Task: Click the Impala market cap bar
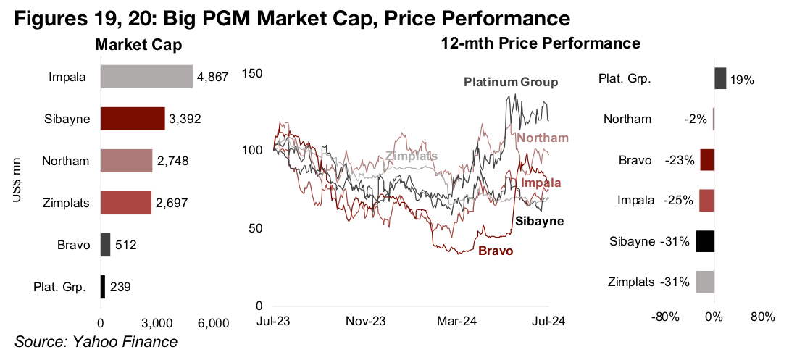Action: pyautogui.click(x=146, y=77)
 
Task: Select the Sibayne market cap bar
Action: pyautogui.click(x=133, y=119)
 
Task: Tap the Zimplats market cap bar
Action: pyautogui.click(x=126, y=203)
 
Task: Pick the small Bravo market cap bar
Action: pyautogui.click(x=106, y=245)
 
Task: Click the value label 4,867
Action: pyautogui.click(x=212, y=78)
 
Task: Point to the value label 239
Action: pyautogui.click(x=121, y=288)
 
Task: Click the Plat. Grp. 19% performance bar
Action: pyautogui.click(x=720, y=78)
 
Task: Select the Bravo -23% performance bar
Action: pyautogui.click(x=707, y=160)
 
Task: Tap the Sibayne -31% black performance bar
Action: pyautogui.click(x=705, y=241)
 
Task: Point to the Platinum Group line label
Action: pyautogui.click(x=511, y=83)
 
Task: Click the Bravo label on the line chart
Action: pyautogui.click(x=496, y=251)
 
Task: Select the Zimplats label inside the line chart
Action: pyautogui.click(x=412, y=156)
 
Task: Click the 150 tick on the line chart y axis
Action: pyautogui.click(x=251, y=73)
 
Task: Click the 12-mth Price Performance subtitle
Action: pyautogui.click(x=541, y=43)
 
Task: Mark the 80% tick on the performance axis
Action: pyautogui.click(x=763, y=317)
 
